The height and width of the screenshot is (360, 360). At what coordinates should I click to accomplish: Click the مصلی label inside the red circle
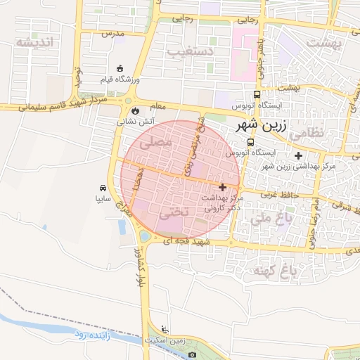point(157,142)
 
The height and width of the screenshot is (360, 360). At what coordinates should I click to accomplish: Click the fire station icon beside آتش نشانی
point(134,110)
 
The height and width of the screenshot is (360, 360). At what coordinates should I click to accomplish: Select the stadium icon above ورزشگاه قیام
point(120,68)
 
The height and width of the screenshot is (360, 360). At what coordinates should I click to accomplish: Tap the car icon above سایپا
point(103,188)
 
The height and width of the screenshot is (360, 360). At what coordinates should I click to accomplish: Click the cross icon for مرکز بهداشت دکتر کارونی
point(223,187)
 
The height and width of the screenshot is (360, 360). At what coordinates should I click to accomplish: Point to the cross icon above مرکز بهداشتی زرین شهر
point(299,155)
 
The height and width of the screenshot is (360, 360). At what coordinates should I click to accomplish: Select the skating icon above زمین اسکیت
point(165,329)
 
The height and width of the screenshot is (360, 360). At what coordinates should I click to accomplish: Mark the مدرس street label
point(112,33)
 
